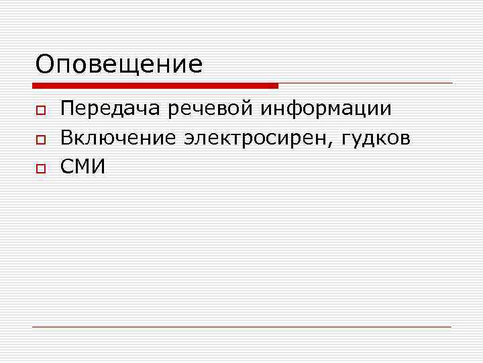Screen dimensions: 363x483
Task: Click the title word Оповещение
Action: point(119,65)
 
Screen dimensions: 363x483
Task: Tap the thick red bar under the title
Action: point(155,86)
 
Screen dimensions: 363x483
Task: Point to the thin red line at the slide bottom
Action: point(241,327)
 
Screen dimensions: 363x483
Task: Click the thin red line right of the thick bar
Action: point(366,83)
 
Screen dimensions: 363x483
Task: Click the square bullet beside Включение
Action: point(40,140)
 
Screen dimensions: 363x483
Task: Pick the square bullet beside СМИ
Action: point(40,169)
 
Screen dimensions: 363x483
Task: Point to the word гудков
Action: point(377,139)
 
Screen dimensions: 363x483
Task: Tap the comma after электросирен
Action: point(336,144)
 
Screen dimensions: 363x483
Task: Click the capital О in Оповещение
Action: point(45,65)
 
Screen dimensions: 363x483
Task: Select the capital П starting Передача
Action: point(67,108)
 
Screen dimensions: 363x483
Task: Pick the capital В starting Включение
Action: point(66,138)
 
